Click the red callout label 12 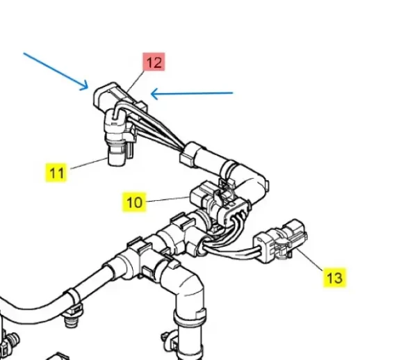tap(154, 62)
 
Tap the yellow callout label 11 tap(56, 173)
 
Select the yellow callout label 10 tap(134, 202)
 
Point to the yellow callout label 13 tap(334, 278)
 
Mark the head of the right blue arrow tap(151, 94)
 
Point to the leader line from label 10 tap(168, 199)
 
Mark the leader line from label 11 tap(88, 163)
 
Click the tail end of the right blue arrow tap(233, 93)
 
